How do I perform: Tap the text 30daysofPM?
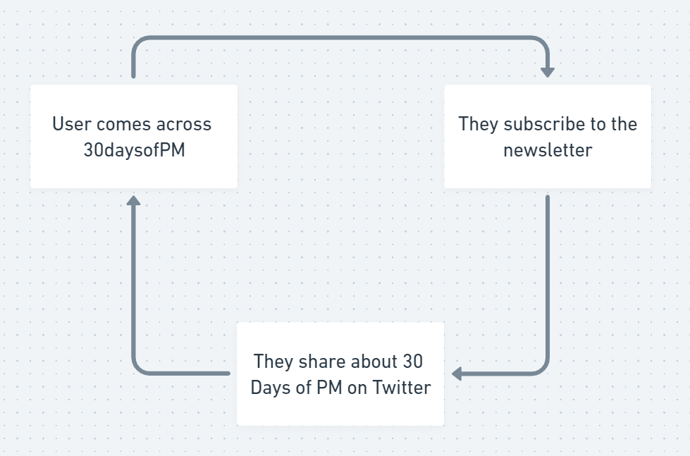(x=134, y=151)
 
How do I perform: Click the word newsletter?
(x=548, y=151)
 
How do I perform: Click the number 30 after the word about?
(x=413, y=362)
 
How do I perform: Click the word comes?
(x=124, y=125)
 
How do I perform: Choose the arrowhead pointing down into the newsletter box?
(x=548, y=72)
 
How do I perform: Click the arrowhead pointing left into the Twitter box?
(x=457, y=374)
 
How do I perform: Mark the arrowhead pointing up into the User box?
(x=133, y=201)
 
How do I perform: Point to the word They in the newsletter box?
(x=478, y=125)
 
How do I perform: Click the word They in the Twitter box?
(x=273, y=362)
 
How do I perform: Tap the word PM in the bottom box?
(x=329, y=388)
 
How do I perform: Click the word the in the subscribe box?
(x=623, y=125)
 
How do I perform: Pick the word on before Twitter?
(x=358, y=388)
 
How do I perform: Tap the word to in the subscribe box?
(x=598, y=125)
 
